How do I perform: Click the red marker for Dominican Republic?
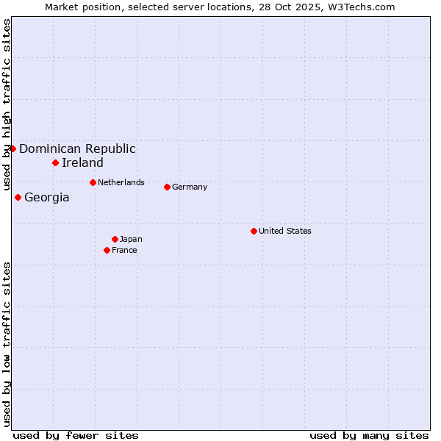pyautogui.click(x=12, y=148)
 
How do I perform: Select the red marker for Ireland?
pyautogui.click(x=55, y=162)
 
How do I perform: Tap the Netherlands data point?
pyautogui.click(x=93, y=182)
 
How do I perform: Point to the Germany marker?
pyautogui.click(x=167, y=187)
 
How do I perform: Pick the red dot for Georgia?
pyautogui.click(x=18, y=197)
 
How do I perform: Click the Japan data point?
pyautogui.click(x=115, y=239)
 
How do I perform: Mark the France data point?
pyautogui.click(x=107, y=250)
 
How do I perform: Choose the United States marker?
pyautogui.click(x=254, y=231)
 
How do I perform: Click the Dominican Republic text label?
pyautogui.click(x=77, y=148)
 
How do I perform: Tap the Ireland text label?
pyautogui.click(x=82, y=162)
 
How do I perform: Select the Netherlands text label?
pyautogui.click(x=121, y=182)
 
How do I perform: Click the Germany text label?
pyautogui.click(x=190, y=187)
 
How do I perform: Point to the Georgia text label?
pyautogui.click(x=47, y=197)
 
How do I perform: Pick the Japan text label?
pyautogui.click(x=131, y=239)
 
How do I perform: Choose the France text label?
pyautogui.click(x=124, y=250)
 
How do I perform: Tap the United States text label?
pyautogui.click(x=285, y=231)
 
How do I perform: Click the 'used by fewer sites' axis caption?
pyautogui.click(x=76, y=435)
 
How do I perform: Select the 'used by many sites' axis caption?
pyautogui.click(x=369, y=435)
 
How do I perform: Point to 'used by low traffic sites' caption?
pyautogui.click(x=7, y=344)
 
